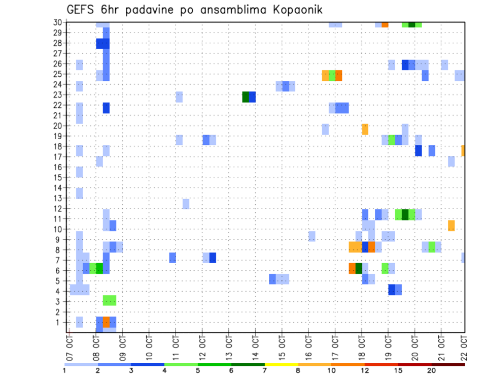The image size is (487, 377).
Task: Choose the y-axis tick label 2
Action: pyautogui.click(x=59, y=311)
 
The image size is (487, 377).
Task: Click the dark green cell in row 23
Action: pyautogui.click(x=246, y=97)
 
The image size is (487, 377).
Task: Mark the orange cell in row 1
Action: pyautogui.click(x=106, y=322)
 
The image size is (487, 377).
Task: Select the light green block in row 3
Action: pyautogui.click(x=109, y=300)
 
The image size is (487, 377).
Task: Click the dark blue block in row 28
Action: pyautogui.click(x=103, y=44)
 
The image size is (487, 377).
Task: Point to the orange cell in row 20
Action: pyautogui.click(x=365, y=129)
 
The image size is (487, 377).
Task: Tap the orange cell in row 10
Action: pyautogui.click(x=451, y=225)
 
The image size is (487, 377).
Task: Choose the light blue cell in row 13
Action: pyautogui.click(x=80, y=193)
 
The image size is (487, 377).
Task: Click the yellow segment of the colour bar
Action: pyautogui.click(x=282, y=364)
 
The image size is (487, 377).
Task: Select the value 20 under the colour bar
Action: pyautogui.click(x=431, y=371)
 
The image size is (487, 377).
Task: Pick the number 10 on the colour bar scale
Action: pyautogui.click(x=332, y=371)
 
